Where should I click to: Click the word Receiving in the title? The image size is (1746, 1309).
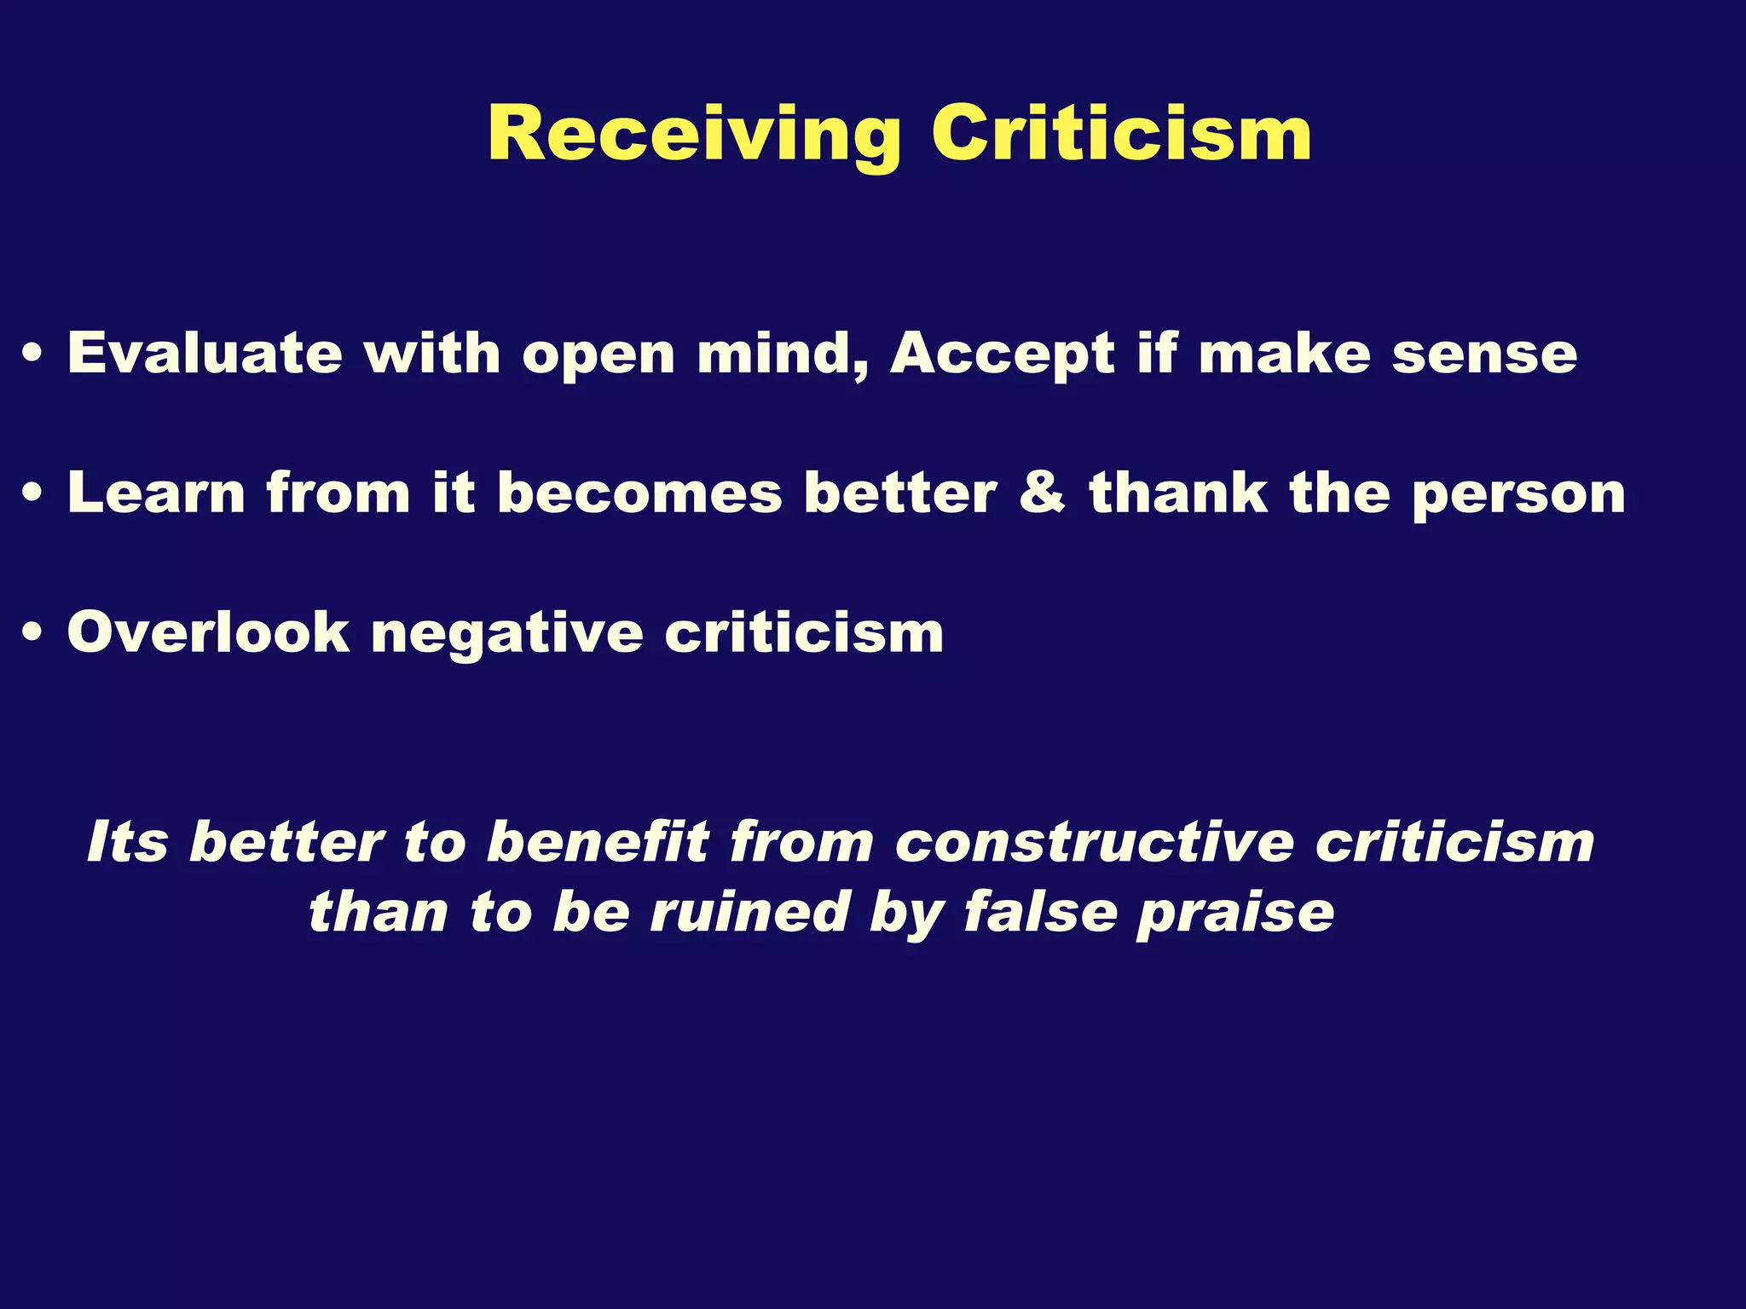694,136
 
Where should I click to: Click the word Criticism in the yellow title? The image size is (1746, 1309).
1121,134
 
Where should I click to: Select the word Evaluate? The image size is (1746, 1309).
205,352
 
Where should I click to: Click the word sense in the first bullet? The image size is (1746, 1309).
1484,354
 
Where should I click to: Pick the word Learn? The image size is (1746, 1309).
156,493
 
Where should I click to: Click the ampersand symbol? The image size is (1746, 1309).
1042,493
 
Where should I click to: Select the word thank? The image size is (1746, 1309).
1178,493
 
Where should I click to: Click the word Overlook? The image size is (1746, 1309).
208,633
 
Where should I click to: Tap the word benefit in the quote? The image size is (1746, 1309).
597,842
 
